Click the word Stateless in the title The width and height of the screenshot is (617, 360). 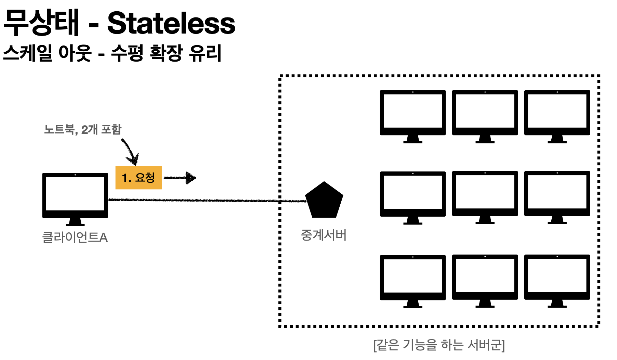[171, 23]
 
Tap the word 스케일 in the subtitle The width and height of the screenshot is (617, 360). [28, 53]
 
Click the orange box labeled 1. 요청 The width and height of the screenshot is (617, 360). [139, 178]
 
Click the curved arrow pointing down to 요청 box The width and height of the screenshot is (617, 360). [130, 151]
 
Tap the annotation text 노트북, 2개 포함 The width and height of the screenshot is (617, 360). [83, 129]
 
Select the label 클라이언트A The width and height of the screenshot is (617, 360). [75, 237]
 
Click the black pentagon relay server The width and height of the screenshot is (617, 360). [324, 201]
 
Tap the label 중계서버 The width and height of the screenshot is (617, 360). [324, 235]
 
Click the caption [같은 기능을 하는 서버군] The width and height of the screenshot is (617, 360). [439, 345]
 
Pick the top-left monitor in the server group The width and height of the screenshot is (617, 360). [412, 113]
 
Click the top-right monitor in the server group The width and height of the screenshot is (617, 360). [557, 113]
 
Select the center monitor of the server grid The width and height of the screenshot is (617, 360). [485, 194]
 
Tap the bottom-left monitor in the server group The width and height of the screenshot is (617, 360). [412, 278]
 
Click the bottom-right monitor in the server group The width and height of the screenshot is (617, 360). [557, 278]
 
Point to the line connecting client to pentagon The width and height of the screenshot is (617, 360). [205, 200]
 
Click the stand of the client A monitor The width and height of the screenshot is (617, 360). [75, 222]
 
